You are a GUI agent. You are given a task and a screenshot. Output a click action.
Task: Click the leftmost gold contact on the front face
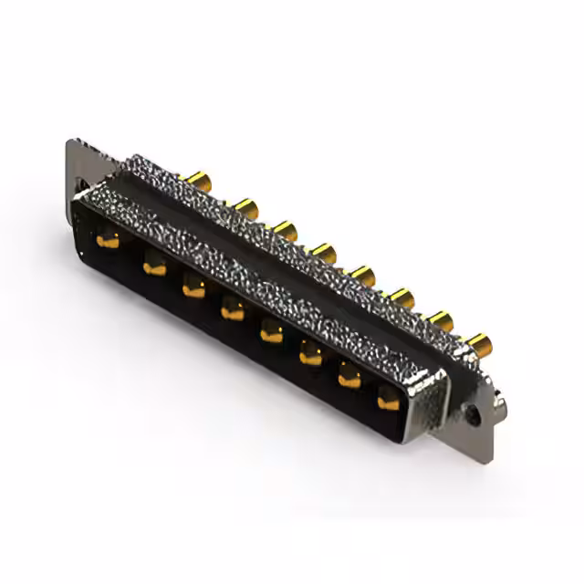(x=109, y=241)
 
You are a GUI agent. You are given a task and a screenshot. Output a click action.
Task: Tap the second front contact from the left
(x=152, y=266)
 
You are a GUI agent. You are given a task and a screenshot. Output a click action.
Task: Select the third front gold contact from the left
(x=193, y=289)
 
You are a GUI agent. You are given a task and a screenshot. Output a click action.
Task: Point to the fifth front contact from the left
(x=271, y=334)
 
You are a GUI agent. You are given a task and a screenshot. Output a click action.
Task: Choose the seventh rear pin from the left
(x=440, y=320)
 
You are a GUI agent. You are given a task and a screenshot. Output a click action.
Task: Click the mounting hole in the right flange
(x=474, y=413)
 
